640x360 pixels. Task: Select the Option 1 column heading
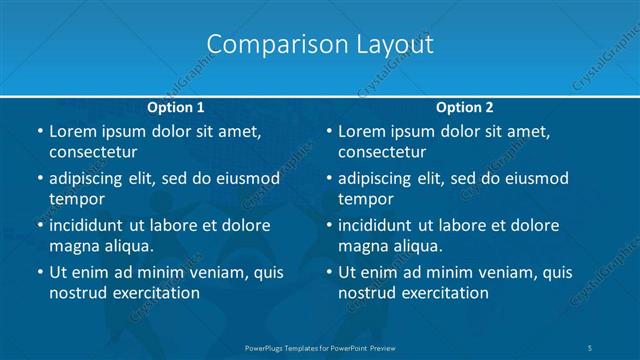coord(176,107)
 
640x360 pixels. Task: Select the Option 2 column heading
coord(465,107)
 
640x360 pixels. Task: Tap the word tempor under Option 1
coord(77,199)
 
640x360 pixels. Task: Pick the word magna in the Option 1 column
coord(73,245)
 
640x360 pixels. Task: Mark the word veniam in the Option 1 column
coord(211,272)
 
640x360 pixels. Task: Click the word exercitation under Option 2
coord(443,293)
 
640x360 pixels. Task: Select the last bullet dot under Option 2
coord(329,272)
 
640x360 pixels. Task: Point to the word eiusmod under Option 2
coord(534,179)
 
